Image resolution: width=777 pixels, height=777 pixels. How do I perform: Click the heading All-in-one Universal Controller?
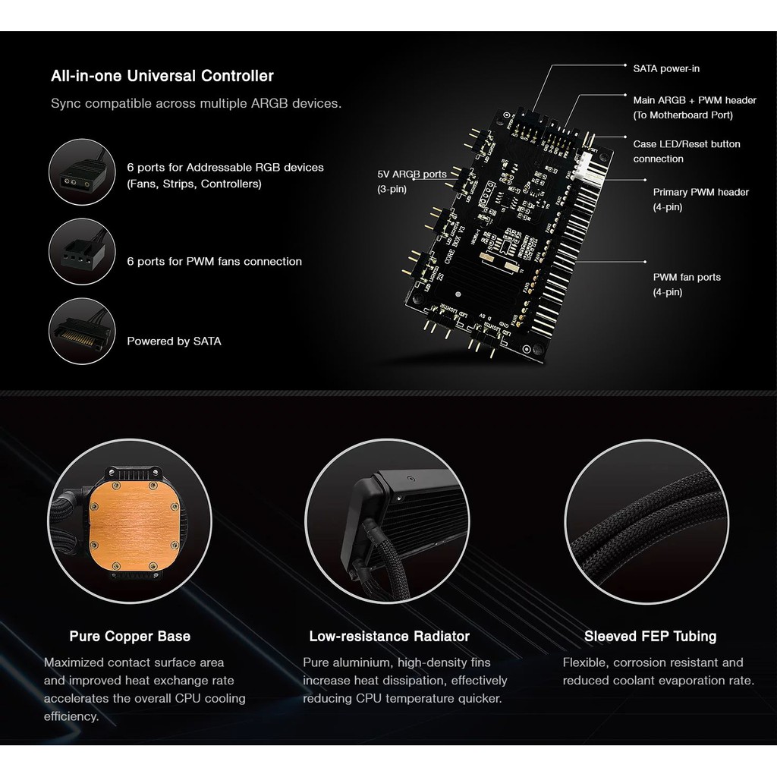162,76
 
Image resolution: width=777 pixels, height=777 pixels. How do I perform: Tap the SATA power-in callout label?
666,68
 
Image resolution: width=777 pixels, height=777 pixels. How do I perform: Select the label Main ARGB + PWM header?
694,100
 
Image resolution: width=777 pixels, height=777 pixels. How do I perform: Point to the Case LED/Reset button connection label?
686,151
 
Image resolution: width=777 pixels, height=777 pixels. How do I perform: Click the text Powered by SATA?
174,341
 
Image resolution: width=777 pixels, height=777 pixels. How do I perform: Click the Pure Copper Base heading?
130,636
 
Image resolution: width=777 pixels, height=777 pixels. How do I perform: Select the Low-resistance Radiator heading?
389,636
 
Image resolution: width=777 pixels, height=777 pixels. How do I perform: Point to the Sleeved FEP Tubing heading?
650,636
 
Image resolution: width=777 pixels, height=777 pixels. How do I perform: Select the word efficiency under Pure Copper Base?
71,716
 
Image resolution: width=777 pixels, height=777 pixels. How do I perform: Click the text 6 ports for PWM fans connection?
214,261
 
